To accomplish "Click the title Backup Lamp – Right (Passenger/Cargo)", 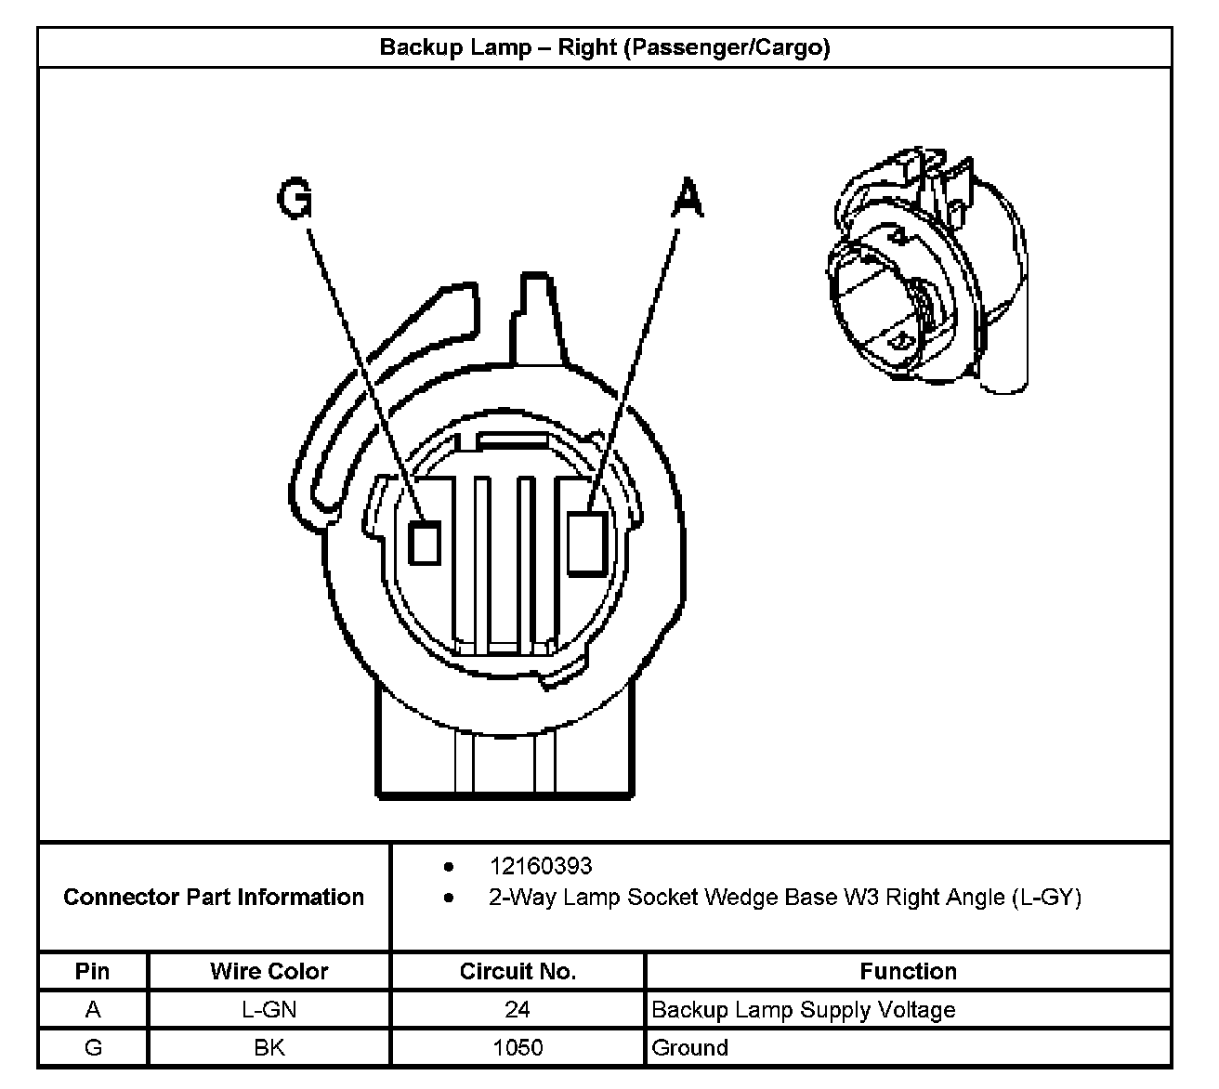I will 604,47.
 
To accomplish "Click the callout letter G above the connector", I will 295,199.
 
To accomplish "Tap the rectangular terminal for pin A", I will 587,543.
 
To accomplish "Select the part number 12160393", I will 541,866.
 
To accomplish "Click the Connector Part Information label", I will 214,897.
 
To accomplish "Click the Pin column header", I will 93,971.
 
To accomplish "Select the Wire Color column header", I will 269,971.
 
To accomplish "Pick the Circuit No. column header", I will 518,971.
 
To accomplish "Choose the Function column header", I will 908,971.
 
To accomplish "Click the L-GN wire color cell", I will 269,1009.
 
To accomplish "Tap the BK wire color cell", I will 269,1047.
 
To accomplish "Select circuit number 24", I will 518,1009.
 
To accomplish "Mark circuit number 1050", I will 518,1047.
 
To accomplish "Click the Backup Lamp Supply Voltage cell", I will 804,1009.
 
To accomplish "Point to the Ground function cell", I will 690,1047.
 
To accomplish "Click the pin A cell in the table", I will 93,1009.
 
